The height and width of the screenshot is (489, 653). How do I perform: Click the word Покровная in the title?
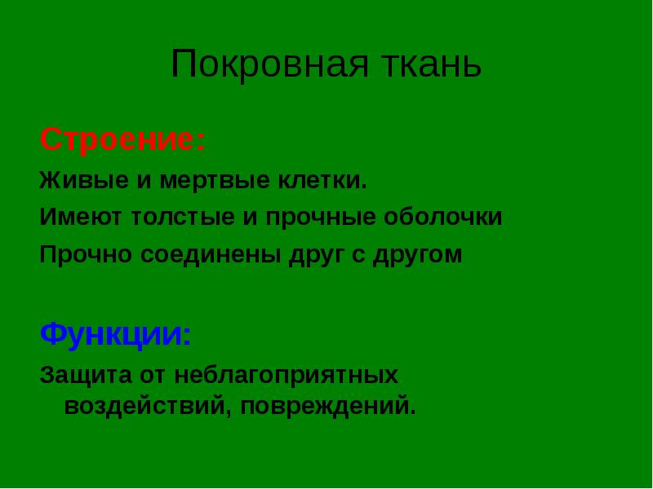tap(270, 64)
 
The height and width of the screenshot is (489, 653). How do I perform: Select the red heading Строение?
tap(123, 140)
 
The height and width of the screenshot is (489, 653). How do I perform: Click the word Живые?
tap(84, 180)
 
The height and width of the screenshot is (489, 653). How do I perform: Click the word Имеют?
tap(81, 217)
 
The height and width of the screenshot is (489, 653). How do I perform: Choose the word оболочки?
tap(442, 217)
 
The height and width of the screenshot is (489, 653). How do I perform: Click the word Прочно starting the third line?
tap(86, 254)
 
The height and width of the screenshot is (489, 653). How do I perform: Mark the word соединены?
tap(211, 255)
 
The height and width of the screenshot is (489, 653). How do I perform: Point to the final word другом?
tap(417, 255)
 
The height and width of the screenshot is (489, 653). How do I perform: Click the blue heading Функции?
tap(115, 334)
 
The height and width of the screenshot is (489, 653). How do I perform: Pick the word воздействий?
tap(146, 407)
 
